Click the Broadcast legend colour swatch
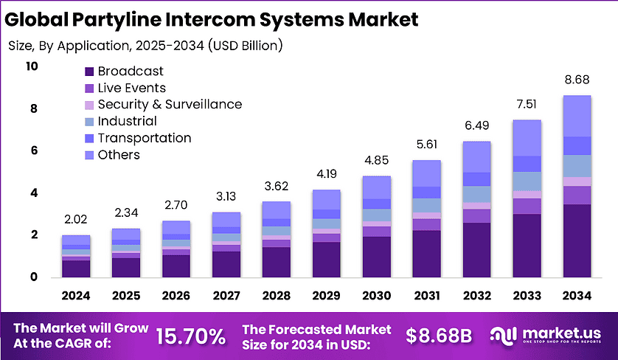[89, 72]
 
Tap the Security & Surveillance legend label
[170, 105]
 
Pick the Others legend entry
[118, 155]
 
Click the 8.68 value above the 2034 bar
[577, 78]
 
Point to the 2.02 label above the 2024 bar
[75, 219]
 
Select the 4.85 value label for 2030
[377, 160]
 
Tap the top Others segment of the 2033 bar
[527, 138]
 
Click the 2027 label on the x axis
[226, 296]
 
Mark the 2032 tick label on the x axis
[477, 296]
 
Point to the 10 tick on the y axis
[31, 66]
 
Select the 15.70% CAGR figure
[191, 336]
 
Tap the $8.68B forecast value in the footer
[439, 336]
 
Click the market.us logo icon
[504, 336]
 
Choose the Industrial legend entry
[127, 122]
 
